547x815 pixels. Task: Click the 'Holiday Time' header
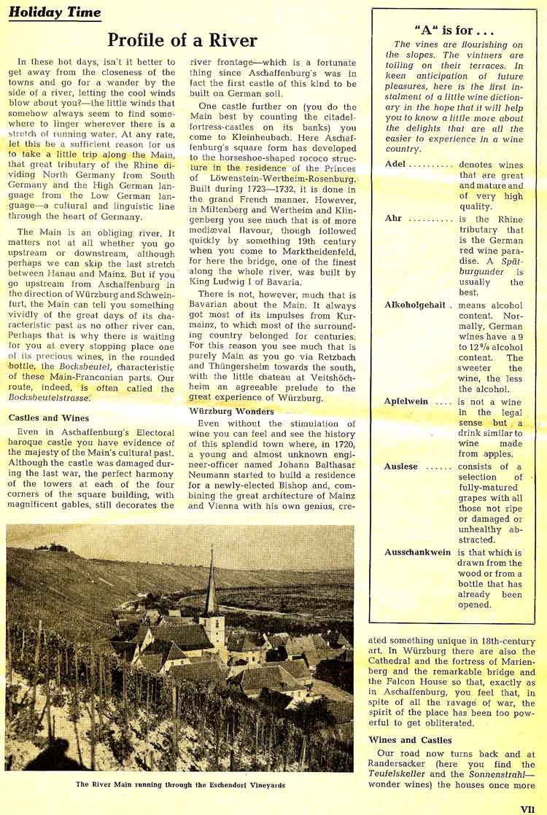tap(55, 12)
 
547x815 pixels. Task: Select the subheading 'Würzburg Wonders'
tap(232, 411)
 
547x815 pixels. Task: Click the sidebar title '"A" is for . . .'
tap(454, 31)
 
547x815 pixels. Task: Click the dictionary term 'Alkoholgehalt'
tap(415, 304)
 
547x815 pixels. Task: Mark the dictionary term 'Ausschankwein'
tap(417, 552)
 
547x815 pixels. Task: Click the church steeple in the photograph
tap(212, 583)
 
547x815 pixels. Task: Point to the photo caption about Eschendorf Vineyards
tap(179, 785)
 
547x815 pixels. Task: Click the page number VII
tap(528, 808)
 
